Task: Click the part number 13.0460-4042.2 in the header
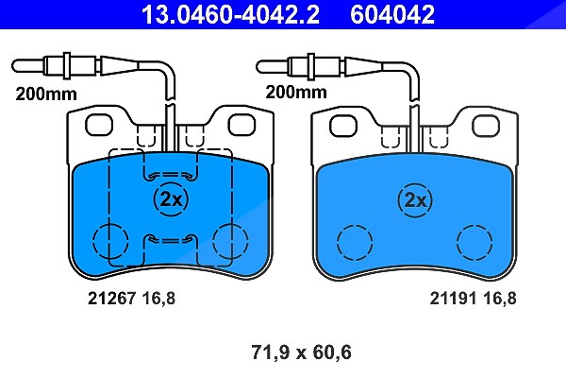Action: [x=230, y=14]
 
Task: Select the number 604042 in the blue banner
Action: [x=392, y=14]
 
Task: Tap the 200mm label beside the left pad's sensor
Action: [x=46, y=94]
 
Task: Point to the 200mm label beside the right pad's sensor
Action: [x=296, y=92]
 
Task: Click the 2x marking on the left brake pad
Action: [x=171, y=198]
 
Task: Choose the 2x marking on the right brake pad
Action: [x=415, y=200]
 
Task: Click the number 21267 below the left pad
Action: [x=112, y=299]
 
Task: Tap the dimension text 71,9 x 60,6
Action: [x=301, y=352]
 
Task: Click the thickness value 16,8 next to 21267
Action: [x=158, y=299]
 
